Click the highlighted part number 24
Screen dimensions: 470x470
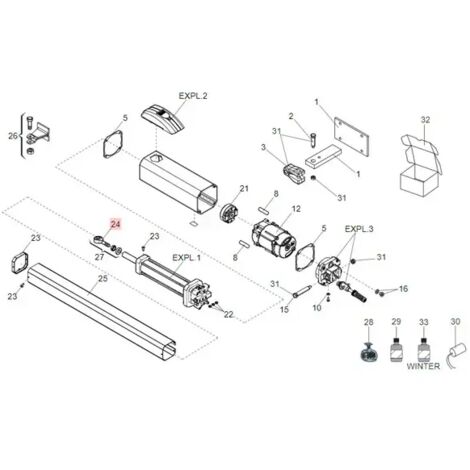pyautogui.click(x=115, y=224)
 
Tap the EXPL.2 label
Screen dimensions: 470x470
pyautogui.click(x=193, y=96)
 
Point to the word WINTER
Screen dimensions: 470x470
pyautogui.click(x=423, y=366)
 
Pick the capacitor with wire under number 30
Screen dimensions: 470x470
pyautogui.click(x=456, y=355)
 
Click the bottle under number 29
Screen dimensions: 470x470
pyautogui.click(x=396, y=350)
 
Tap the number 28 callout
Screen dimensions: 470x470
pyautogui.click(x=369, y=322)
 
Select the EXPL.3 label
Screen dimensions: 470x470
pyautogui.click(x=359, y=229)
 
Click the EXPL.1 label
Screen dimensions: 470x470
pyautogui.click(x=186, y=258)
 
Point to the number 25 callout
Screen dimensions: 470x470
pyautogui.click(x=103, y=278)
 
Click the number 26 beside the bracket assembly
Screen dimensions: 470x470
pyautogui.click(x=13, y=136)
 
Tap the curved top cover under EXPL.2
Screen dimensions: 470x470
pyautogui.click(x=163, y=121)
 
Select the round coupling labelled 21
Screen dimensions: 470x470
pyautogui.click(x=229, y=211)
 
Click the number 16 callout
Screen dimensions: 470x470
pyautogui.click(x=403, y=289)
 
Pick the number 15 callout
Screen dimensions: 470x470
pyautogui.click(x=284, y=309)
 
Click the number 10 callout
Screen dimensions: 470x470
pyautogui.click(x=317, y=308)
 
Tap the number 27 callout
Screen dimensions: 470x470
pyautogui.click(x=99, y=257)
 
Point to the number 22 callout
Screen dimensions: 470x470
pyautogui.click(x=229, y=314)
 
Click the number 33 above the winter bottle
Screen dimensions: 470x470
pyautogui.click(x=423, y=322)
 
